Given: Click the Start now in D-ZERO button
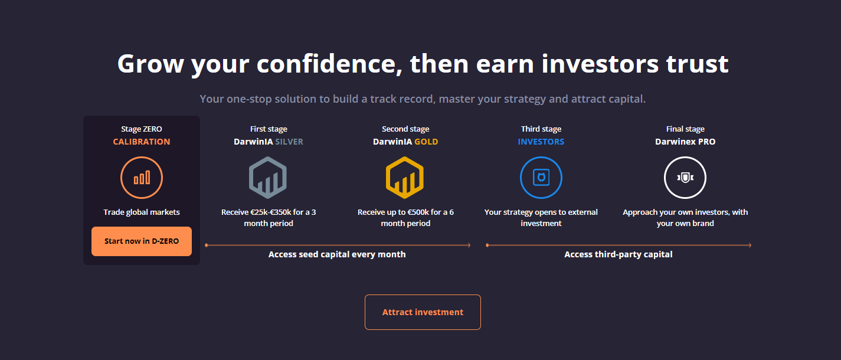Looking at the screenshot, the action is tap(142, 241).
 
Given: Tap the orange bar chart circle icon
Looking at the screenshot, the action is tap(142, 178).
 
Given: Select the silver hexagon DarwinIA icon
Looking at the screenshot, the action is tap(268, 178).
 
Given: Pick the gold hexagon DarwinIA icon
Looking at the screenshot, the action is tap(405, 178).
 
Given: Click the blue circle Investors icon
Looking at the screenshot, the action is tap(541, 178).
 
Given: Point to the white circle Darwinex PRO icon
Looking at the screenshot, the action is tap(685, 178).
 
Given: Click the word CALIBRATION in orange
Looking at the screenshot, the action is tap(142, 142).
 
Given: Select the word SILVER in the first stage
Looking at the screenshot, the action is tap(289, 142).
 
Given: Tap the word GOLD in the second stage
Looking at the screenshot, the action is tap(426, 142).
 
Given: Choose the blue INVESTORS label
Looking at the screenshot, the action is tap(541, 142).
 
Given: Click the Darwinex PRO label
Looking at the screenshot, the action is tap(685, 142).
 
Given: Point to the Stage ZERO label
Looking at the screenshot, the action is tap(142, 129).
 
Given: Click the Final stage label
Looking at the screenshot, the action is tap(685, 129).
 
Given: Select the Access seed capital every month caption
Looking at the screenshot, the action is tap(337, 254).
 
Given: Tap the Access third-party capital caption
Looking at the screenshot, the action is tap(619, 254).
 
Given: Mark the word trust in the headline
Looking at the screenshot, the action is tap(697, 64).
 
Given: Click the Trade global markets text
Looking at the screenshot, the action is tap(142, 212).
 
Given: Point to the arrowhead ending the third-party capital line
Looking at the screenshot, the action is tap(750, 245).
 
